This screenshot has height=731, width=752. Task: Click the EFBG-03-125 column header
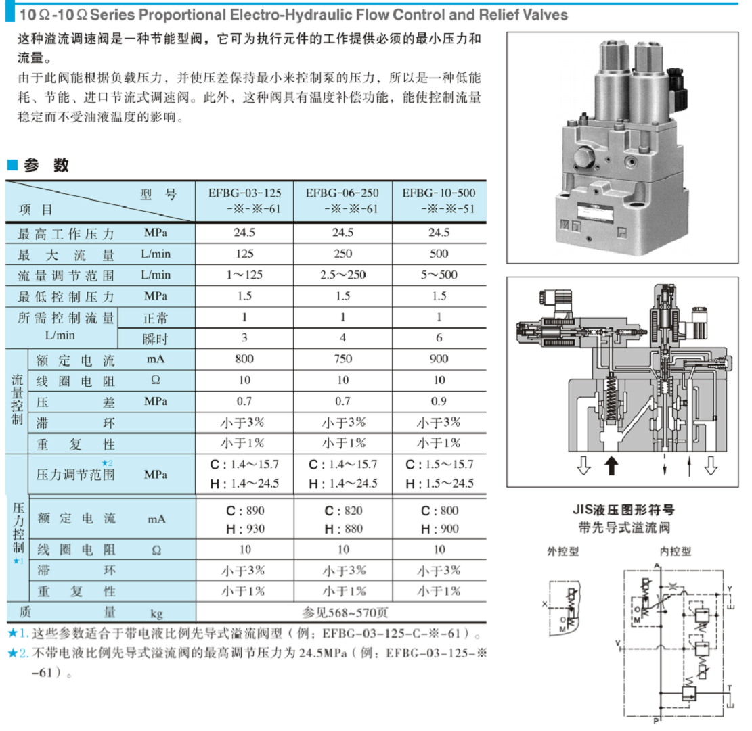click(x=244, y=201)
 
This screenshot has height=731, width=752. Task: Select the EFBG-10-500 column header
click(x=439, y=201)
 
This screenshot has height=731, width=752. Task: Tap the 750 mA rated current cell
click(x=342, y=359)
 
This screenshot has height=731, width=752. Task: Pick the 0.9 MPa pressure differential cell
click(x=439, y=401)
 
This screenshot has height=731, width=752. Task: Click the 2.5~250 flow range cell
click(x=342, y=275)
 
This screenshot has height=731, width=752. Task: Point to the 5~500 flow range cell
click(x=439, y=275)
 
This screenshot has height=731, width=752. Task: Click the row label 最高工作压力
click(x=66, y=234)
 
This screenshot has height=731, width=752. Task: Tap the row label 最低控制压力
click(x=66, y=296)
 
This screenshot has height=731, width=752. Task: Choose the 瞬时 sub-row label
click(x=156, y=337)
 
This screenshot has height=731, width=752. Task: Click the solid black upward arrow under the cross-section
click(x=611, y=466)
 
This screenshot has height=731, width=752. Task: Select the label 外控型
click(x=562, y=551)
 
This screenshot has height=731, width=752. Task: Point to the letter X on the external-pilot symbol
click(x=545, y=605)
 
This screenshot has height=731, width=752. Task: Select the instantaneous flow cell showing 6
click(x=439, y=337)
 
